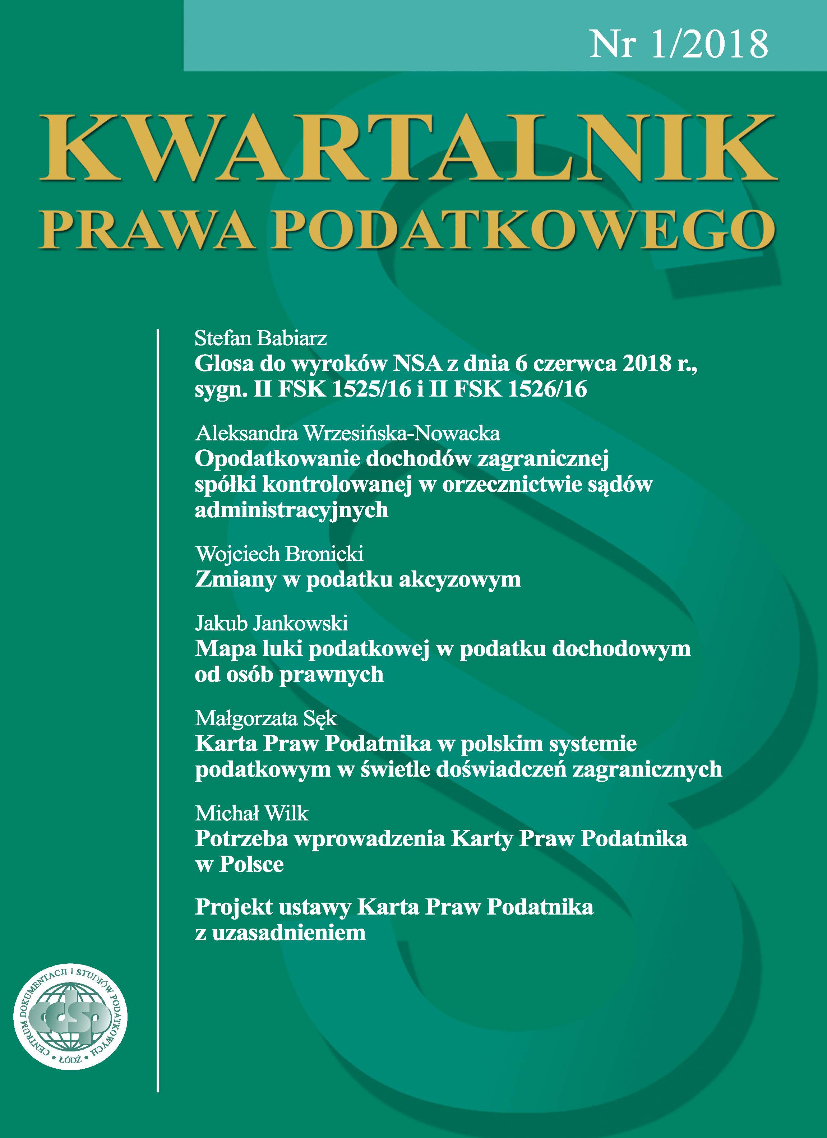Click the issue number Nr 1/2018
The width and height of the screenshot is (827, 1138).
click(x=679, y=44)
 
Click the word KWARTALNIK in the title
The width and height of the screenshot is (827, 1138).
click(x=408, y=148)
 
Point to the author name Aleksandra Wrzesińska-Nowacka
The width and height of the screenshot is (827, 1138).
click(x=347, y=433)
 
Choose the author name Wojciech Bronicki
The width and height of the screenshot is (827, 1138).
click(x=279, y=554)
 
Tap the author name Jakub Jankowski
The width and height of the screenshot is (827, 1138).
click(x=271, y=623)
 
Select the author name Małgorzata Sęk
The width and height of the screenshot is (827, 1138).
click(x=266, y=718)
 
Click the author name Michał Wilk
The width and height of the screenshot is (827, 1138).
click(x=251, y=813)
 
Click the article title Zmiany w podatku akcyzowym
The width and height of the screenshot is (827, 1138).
click(x=357, y=579)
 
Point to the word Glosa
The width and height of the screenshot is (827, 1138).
click(x=223, y=364)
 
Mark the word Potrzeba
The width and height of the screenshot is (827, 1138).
click(x=240, y=839)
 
